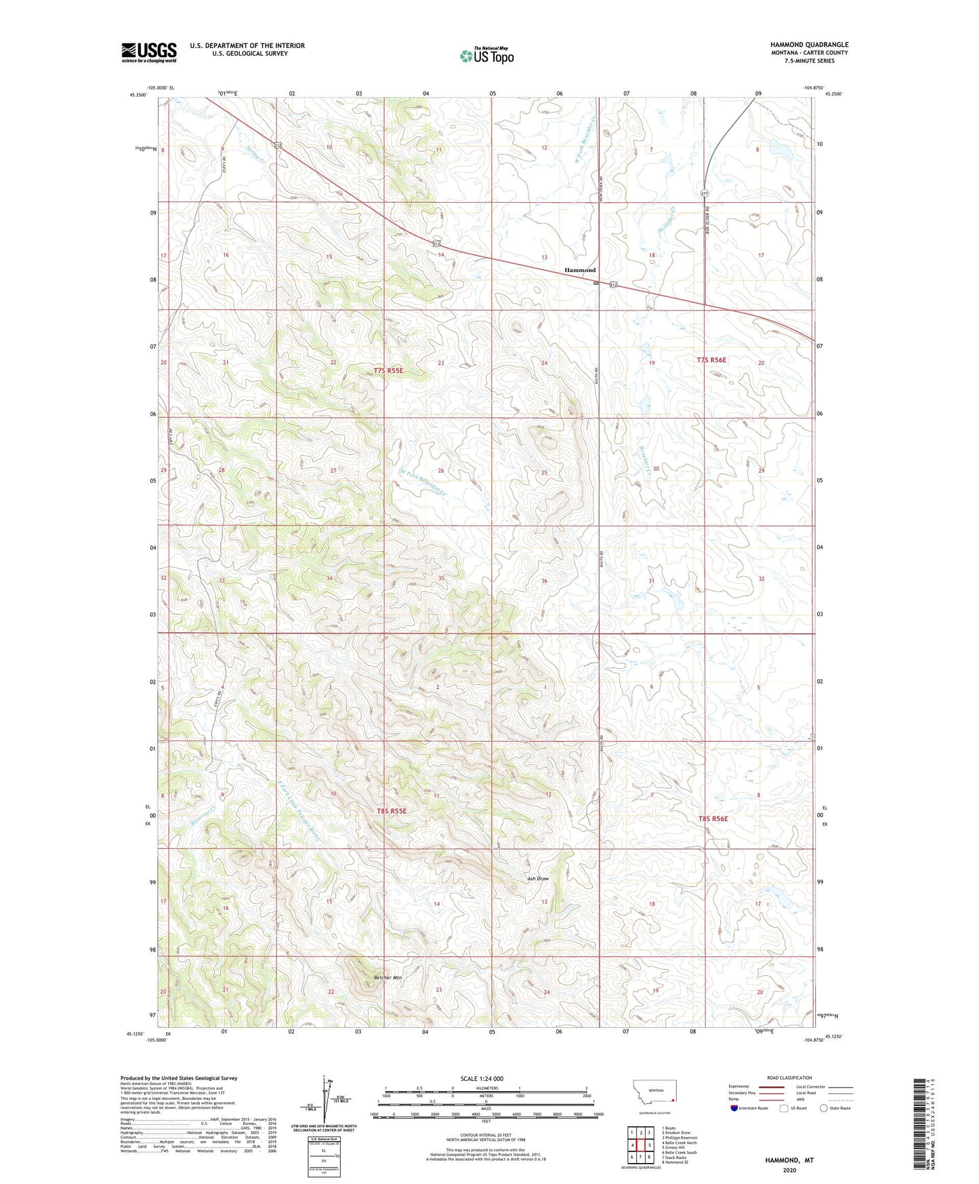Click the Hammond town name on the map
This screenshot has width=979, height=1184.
(x=580, y=270)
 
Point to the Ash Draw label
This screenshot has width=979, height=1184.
(x=538, y=879)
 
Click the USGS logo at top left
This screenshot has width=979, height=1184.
(x=149, y=52)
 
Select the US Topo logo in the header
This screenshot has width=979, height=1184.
(x=486, y=56)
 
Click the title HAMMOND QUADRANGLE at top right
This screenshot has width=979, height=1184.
(x=809, y=45)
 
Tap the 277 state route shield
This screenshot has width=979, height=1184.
(x=705, y=193)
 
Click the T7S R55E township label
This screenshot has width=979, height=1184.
(x=388, y=370)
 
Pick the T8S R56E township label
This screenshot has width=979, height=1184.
(x=713, y=818)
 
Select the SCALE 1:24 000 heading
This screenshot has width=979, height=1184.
(x=482, y=1078)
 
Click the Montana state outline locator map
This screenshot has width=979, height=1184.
(x=654, y=1091)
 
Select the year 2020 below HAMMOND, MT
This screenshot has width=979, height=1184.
(x=789, y=1170)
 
